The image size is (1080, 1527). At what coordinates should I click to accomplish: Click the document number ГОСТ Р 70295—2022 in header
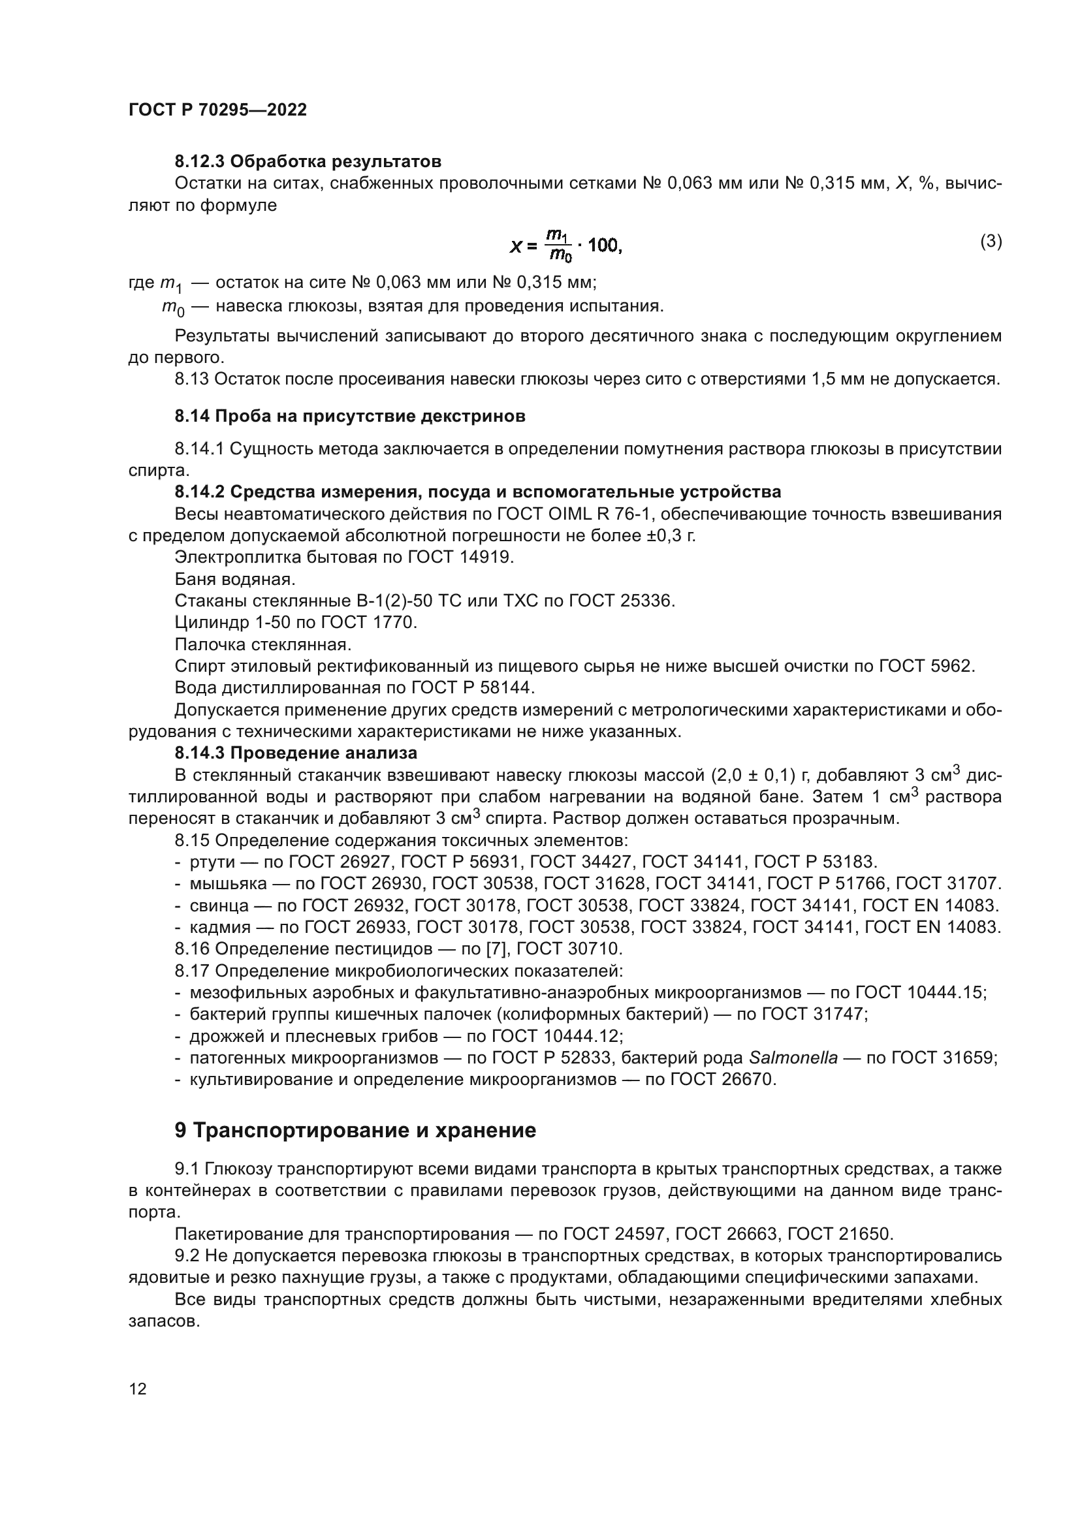(217, 110)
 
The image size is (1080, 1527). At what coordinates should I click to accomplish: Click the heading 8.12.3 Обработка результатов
(308, 162)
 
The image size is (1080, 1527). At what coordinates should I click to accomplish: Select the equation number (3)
(991, 242)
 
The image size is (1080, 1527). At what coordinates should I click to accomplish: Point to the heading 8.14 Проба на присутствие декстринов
(350, 417)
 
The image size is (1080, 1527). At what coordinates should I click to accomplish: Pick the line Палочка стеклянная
(262, 644)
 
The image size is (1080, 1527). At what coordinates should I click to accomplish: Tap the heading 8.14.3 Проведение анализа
(296, 753)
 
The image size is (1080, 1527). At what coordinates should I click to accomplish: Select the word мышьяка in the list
(228, 884)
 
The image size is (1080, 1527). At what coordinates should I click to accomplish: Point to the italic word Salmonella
(793, 1058)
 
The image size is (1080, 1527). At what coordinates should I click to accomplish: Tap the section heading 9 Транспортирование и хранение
(355, 1131)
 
